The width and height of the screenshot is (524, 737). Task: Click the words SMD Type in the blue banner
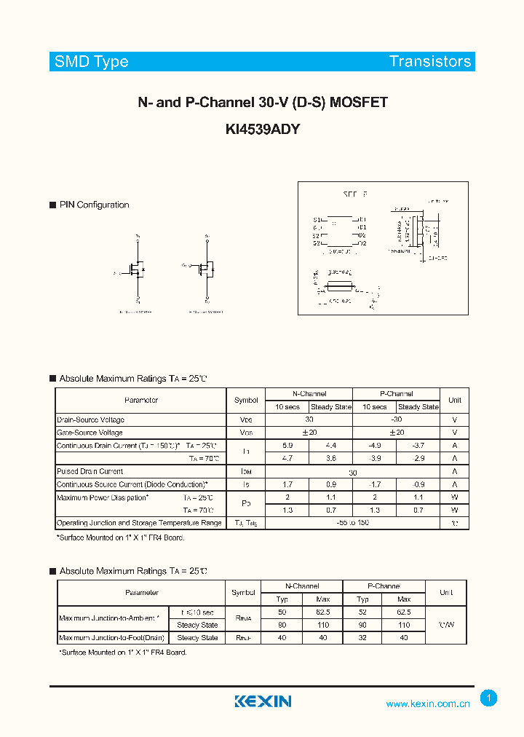click(91, 62)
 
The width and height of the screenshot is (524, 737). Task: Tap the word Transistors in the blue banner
click(430, 62)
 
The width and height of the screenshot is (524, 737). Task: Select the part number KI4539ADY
click(263, 130)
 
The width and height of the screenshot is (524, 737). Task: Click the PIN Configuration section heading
click(94, 205)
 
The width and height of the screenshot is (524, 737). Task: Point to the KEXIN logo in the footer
click(263, 701)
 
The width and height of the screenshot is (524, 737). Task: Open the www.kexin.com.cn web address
click(428, 703)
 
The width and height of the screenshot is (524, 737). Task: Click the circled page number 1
click(489, 698)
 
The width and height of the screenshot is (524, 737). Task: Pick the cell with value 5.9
click(287, 445)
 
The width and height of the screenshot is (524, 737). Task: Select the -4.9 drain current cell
click(374, 445)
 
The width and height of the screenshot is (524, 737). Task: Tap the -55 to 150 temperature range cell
click(352, 523)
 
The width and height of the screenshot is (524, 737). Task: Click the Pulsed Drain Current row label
click(90, 471)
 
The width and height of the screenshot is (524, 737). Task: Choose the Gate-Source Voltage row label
click(90, 433)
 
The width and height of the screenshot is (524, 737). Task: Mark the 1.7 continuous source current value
click(287, 484)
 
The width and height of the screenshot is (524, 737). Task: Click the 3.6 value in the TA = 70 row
click(331, 458)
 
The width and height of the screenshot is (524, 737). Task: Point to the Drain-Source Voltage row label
click(90, 419)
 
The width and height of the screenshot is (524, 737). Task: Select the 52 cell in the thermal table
click(362, 612)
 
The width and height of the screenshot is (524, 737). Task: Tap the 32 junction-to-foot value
click(362, 638)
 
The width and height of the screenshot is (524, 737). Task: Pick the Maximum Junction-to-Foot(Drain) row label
click(112, 638)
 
